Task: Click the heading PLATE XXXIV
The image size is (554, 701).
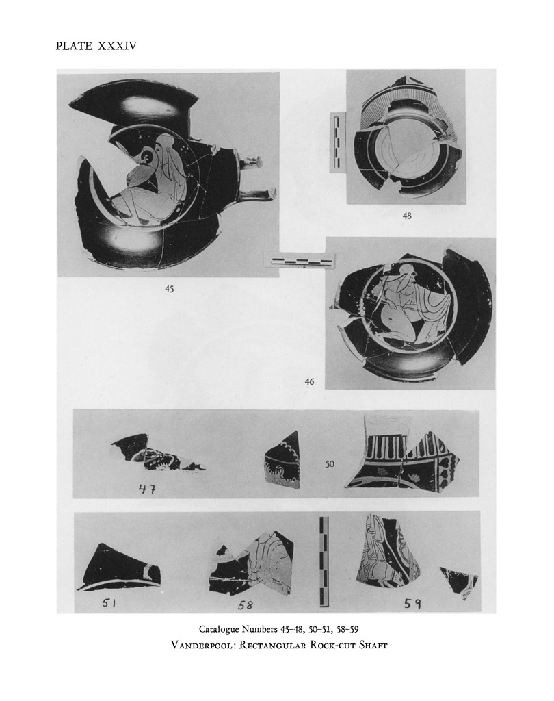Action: pos(96,46)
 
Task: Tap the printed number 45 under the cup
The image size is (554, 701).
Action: pos(170,289)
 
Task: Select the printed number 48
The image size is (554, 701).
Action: pos(407,216)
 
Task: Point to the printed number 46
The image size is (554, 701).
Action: pos(309,381)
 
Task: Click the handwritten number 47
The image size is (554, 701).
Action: pos(146,489)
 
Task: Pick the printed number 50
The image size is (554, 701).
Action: pos(329,464)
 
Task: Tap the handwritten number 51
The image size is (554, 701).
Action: pos(109,604)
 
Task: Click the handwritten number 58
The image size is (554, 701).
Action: pos(246,605)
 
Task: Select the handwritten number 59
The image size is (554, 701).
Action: pos(412,604)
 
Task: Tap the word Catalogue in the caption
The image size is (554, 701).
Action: pos(220,630)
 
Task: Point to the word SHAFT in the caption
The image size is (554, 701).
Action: pos(373,645)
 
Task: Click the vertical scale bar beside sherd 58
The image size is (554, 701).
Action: pos(324,561)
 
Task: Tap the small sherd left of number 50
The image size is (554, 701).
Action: pos(282,461)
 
